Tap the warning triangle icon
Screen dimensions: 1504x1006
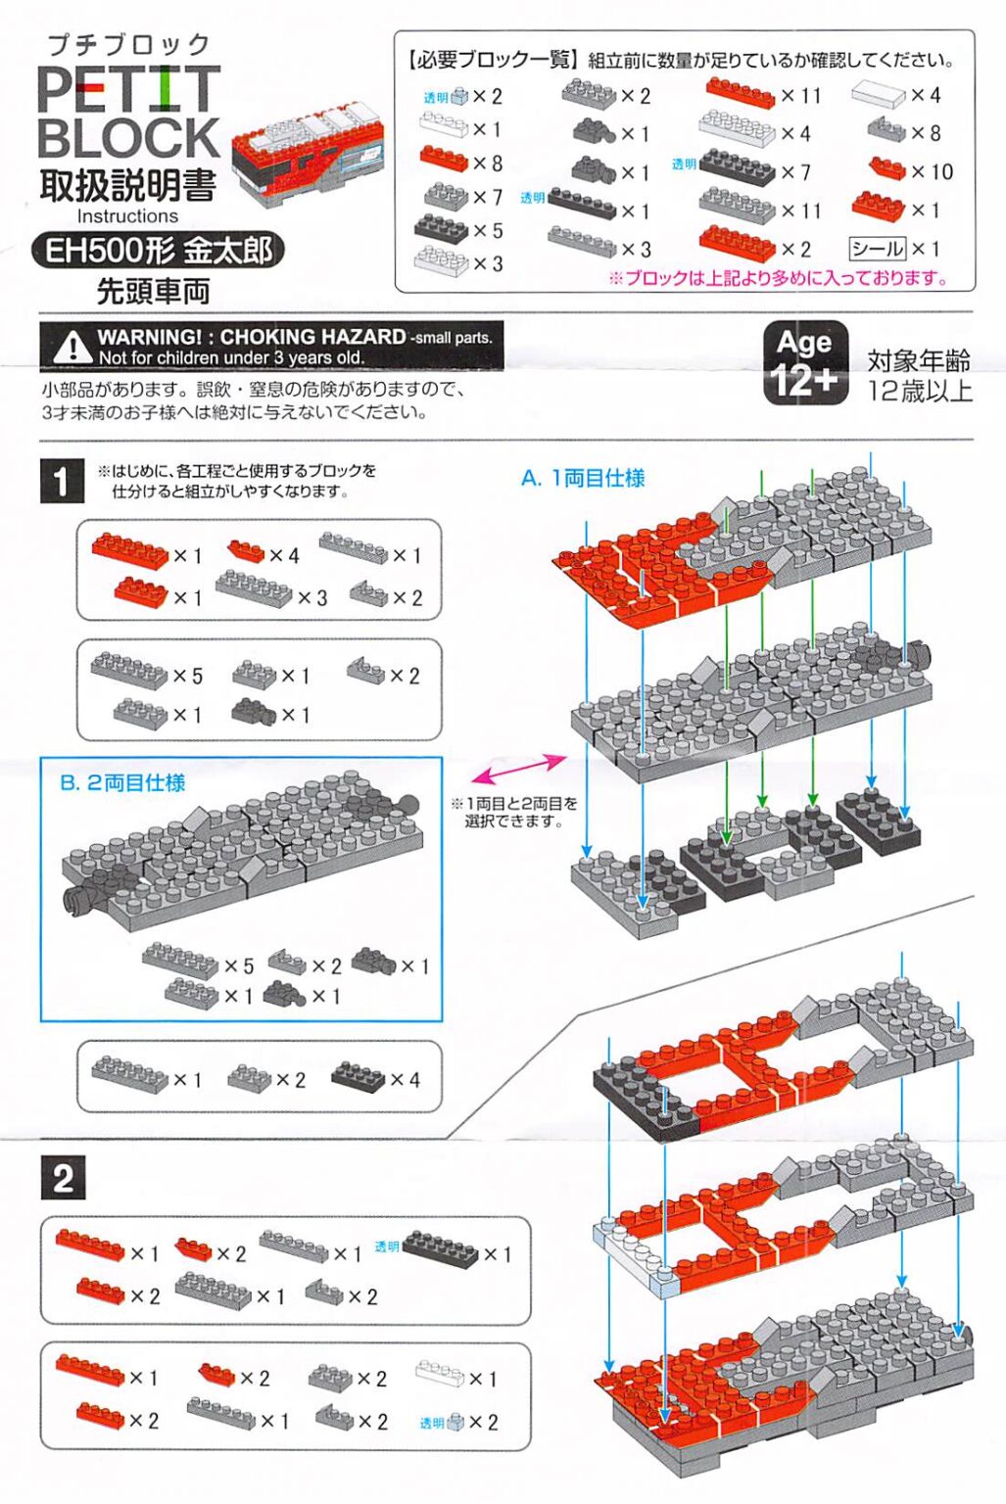point(71,346)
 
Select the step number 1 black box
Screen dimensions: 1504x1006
point(62,481)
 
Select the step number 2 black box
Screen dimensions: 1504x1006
point(63,1177)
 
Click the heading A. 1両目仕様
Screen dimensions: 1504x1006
point(583,478)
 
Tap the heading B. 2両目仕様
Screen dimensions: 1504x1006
point(122,782)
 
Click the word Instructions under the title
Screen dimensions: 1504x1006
point(127,216)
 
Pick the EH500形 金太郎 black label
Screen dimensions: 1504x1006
point(158,251)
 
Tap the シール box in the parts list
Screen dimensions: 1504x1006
point(877,249)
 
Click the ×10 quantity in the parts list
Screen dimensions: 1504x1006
point(932,172)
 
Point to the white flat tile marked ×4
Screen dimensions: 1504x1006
point(878,95)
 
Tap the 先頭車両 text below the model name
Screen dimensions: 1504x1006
point(153,291)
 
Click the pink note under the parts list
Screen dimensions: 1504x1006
point(778,278)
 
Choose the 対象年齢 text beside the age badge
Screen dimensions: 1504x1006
point(918,360)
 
